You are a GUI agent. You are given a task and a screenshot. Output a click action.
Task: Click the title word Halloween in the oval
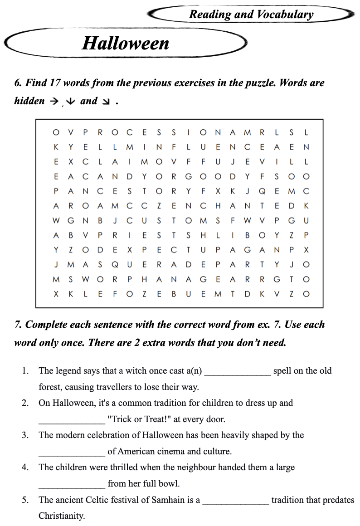pos(126,43)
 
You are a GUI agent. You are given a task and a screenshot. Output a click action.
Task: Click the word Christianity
pos(62,516)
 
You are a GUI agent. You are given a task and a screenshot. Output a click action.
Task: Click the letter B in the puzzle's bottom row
pos(174,294)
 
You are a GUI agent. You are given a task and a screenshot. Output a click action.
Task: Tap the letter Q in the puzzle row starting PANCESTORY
pos(262,191)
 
